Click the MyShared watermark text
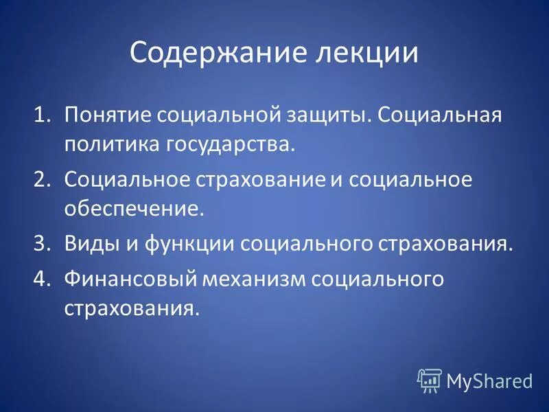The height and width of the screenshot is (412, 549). (x=489, y=380)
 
